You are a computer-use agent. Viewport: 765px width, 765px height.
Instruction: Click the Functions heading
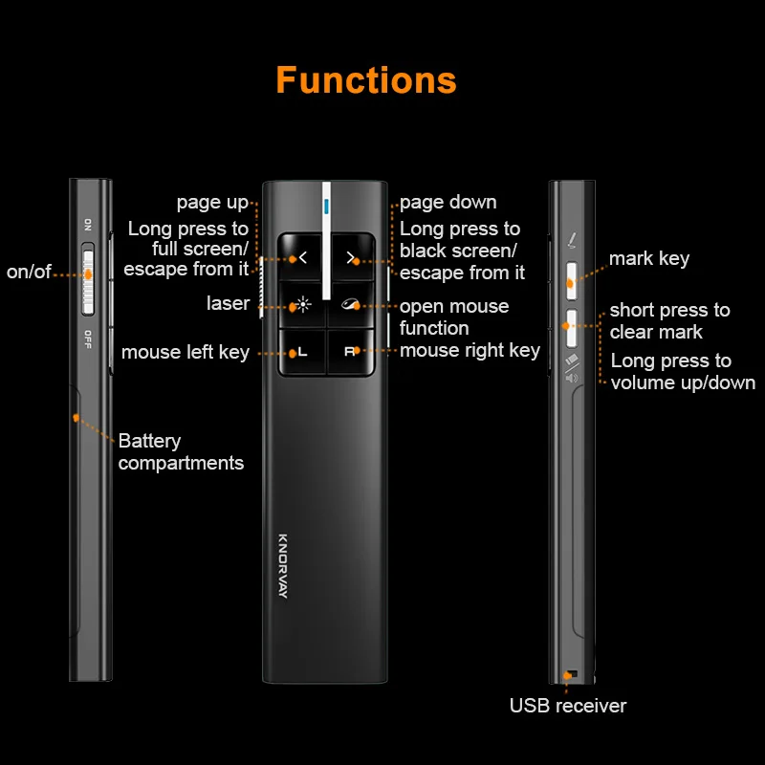366,80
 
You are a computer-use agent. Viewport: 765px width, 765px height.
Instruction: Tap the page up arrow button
302,257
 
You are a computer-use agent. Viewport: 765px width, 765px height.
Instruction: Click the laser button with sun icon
302,306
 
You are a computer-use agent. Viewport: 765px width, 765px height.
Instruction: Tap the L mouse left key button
302,352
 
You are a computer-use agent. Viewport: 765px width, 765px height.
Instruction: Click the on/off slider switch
88,279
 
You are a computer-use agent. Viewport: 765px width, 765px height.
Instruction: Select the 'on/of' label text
29,272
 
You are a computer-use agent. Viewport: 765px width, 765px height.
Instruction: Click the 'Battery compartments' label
181,452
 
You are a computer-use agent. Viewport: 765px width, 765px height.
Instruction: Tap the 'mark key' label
648,258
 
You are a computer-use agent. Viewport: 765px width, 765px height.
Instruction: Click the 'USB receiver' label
568,706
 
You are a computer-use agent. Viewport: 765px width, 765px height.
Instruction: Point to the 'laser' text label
228,303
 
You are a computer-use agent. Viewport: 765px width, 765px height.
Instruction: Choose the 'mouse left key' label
186,352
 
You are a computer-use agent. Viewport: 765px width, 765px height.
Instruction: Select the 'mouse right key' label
470,350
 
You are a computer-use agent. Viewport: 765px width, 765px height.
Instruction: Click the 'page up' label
211,202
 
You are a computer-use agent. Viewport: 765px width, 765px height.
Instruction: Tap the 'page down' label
448,202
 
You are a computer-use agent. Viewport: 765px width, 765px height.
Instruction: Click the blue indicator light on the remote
326,205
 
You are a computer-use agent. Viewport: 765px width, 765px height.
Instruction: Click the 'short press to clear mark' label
669,320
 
